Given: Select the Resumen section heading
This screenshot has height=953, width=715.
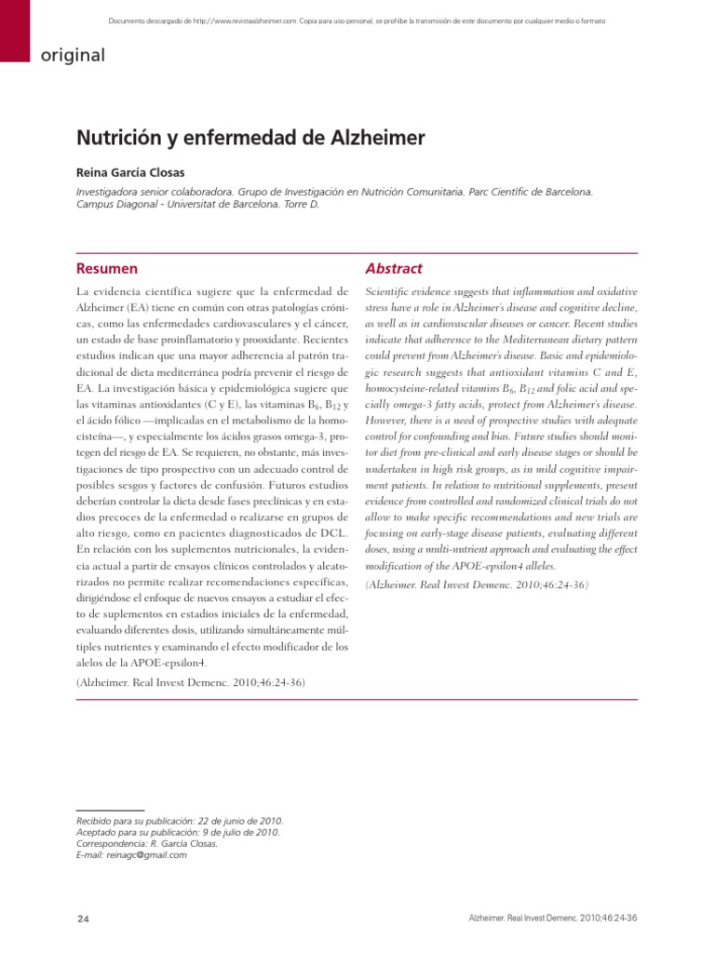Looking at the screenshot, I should pos(106,268).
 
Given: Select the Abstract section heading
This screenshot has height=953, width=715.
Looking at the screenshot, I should pos(394,268).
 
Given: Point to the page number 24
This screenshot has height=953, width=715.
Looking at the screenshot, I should pos(83,919).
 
